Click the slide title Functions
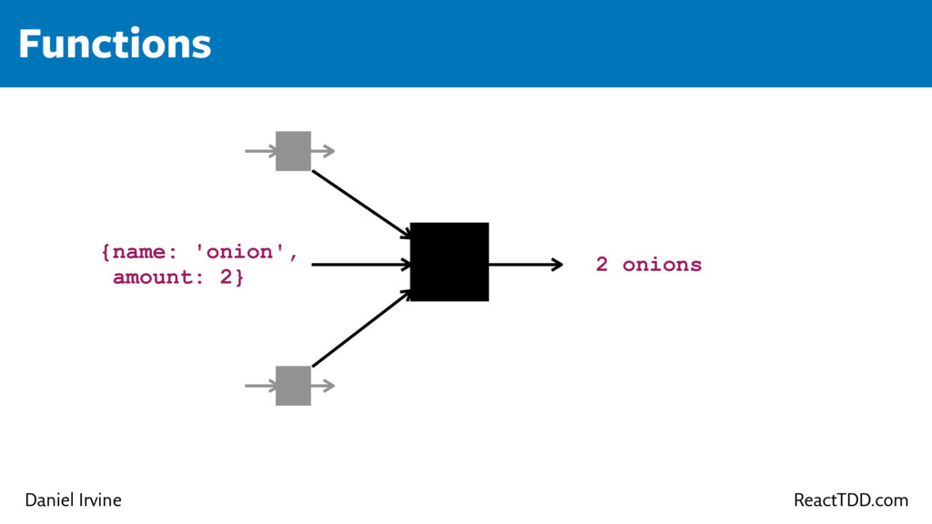tap(115, 44)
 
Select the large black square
tap(450, 261)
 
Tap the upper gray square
tap(293, 151)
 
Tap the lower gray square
tap(293, 386)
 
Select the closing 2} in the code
tap(232, 277)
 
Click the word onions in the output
tap(662, 265)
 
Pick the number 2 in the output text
tap(602, 265)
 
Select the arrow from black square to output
tap(525, 265)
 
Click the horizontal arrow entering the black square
tap(360, 265)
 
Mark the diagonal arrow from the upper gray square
tap(360, 204)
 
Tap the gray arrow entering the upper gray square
tap(260, 151)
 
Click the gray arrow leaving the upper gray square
tap(323, 151)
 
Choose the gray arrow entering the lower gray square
tap(260, 386)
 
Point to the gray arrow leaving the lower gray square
tap(323, 386)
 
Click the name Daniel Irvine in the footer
tap(73, 500)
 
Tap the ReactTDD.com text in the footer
tap(850, 500)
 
